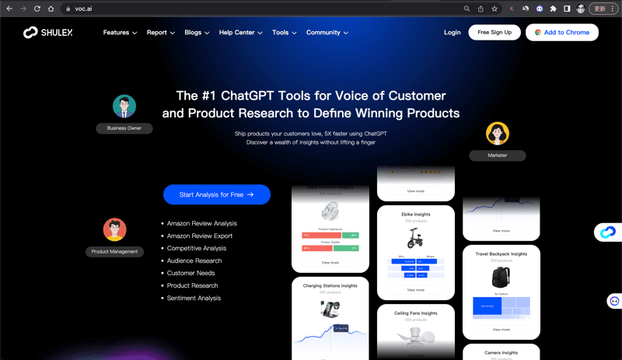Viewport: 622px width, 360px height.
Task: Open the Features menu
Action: point(120,33)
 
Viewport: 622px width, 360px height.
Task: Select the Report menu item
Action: point(161,33)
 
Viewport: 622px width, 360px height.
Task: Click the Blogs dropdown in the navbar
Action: point(197,33)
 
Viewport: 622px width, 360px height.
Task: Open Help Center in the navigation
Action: point(241,33)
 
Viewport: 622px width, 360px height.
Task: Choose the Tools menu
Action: point(285,33)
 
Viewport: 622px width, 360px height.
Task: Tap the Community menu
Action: point(327,33)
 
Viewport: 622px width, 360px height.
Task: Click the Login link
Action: point(452,33)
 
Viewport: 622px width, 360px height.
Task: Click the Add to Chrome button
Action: point(562,33)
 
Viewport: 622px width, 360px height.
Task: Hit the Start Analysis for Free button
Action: point(217,195)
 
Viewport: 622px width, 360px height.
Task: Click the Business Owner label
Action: point(124,128)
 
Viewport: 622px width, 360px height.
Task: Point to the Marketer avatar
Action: point(498,134)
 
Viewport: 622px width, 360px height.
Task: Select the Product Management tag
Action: point(114,251)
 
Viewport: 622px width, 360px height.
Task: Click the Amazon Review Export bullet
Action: point(199,236)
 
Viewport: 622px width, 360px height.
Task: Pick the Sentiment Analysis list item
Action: point(194,298)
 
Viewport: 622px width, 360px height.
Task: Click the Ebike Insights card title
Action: point(416,215)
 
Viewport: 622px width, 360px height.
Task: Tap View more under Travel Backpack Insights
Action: point(501,330)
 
